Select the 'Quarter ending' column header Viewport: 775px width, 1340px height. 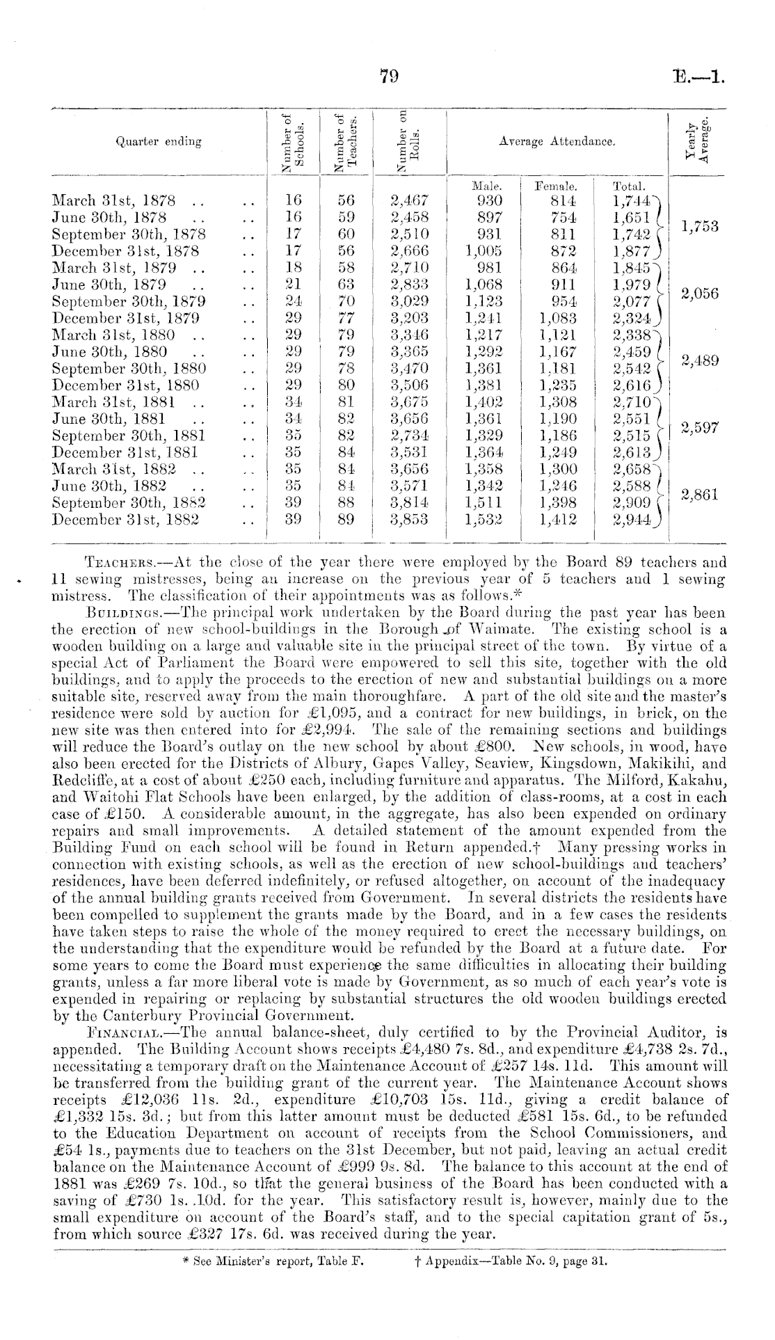[159, 141]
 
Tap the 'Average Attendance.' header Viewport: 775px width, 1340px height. [557, 141]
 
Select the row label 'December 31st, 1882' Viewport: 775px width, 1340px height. [126, 519]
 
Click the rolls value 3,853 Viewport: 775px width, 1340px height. [410, 519]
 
